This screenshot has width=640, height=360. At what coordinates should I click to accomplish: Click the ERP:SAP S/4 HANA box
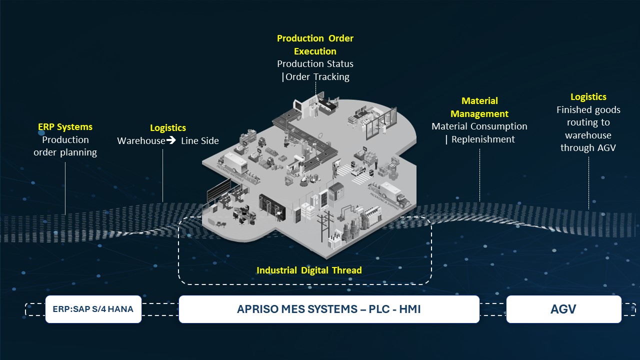(x=93, y=309)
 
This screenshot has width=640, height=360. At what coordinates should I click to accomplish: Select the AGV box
(x=563, y=309)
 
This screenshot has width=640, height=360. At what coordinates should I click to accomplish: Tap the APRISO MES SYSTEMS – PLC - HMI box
(x=328, y=309)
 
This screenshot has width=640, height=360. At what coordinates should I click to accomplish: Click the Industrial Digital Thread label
(x=309, y=270)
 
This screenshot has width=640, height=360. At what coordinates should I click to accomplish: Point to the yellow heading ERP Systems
(x=65, y=127)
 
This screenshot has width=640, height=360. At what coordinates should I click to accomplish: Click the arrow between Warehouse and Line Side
(x=171, y=140)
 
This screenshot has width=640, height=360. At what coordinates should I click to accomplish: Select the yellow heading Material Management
(x=479, y=107)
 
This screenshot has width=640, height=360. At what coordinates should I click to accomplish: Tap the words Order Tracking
(x=317, y=76)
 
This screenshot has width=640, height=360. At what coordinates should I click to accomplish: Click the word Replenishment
(x=483, y=139)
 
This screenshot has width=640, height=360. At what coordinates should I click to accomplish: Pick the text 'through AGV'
(x=588, y=147)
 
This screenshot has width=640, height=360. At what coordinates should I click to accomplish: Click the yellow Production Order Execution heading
(x=315, y=44)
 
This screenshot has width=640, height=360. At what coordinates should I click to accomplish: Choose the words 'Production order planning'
(x=65, y=146)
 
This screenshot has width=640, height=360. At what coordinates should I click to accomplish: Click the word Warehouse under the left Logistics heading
(x=141, y=140)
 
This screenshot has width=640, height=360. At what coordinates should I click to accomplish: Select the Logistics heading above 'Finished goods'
(x=588, y=97)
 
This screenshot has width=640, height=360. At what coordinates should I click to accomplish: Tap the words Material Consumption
(x=479, y=126)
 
